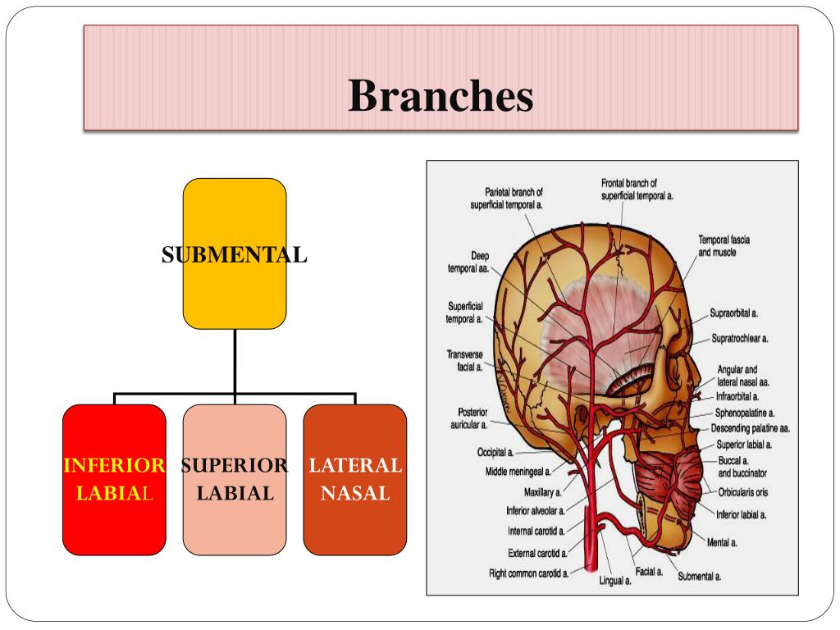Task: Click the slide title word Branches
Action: pyautogui.click(x=441, y=96)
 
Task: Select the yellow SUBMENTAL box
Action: pyautogui.click(x=234, y=253)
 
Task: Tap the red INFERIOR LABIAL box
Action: pyautogui.click(x=114, y=479)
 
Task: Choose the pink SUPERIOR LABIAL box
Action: pyautogui.click(x=234, y=479)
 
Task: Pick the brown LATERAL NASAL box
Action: pyautogui.click(x=354, y=479)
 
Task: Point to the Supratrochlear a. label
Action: pyautogui.click(x=745, y=338)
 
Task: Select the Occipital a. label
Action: pyautogui.click(x=495, y=452)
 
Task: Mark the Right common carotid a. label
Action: pyautogui.click(x=529, y=573)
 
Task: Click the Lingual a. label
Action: pyautogui.click(x=614, y=582)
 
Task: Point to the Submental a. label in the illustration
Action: pyautogui.click(x=699, y=577)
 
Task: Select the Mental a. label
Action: pyautogui.click(x=723, y=542)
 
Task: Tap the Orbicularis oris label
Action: pyautogui.click(x=742, y=493)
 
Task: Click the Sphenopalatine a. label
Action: pyautogui.click(x=745, y=413)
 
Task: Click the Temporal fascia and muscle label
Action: pyautogui.click(x=724, y=246)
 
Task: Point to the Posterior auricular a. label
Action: pyautogui.click(x=469, y=418)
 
